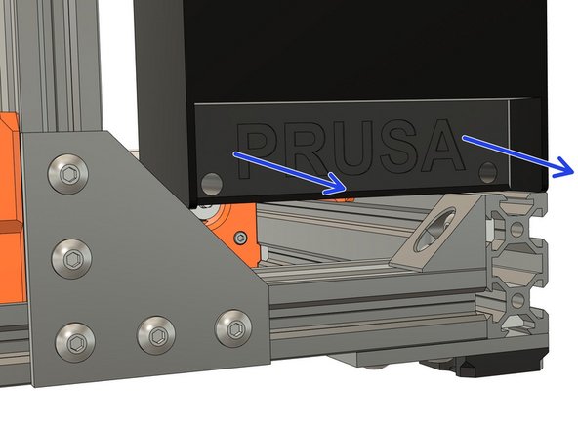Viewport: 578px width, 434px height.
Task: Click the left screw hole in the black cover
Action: click(x=210, y=182)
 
